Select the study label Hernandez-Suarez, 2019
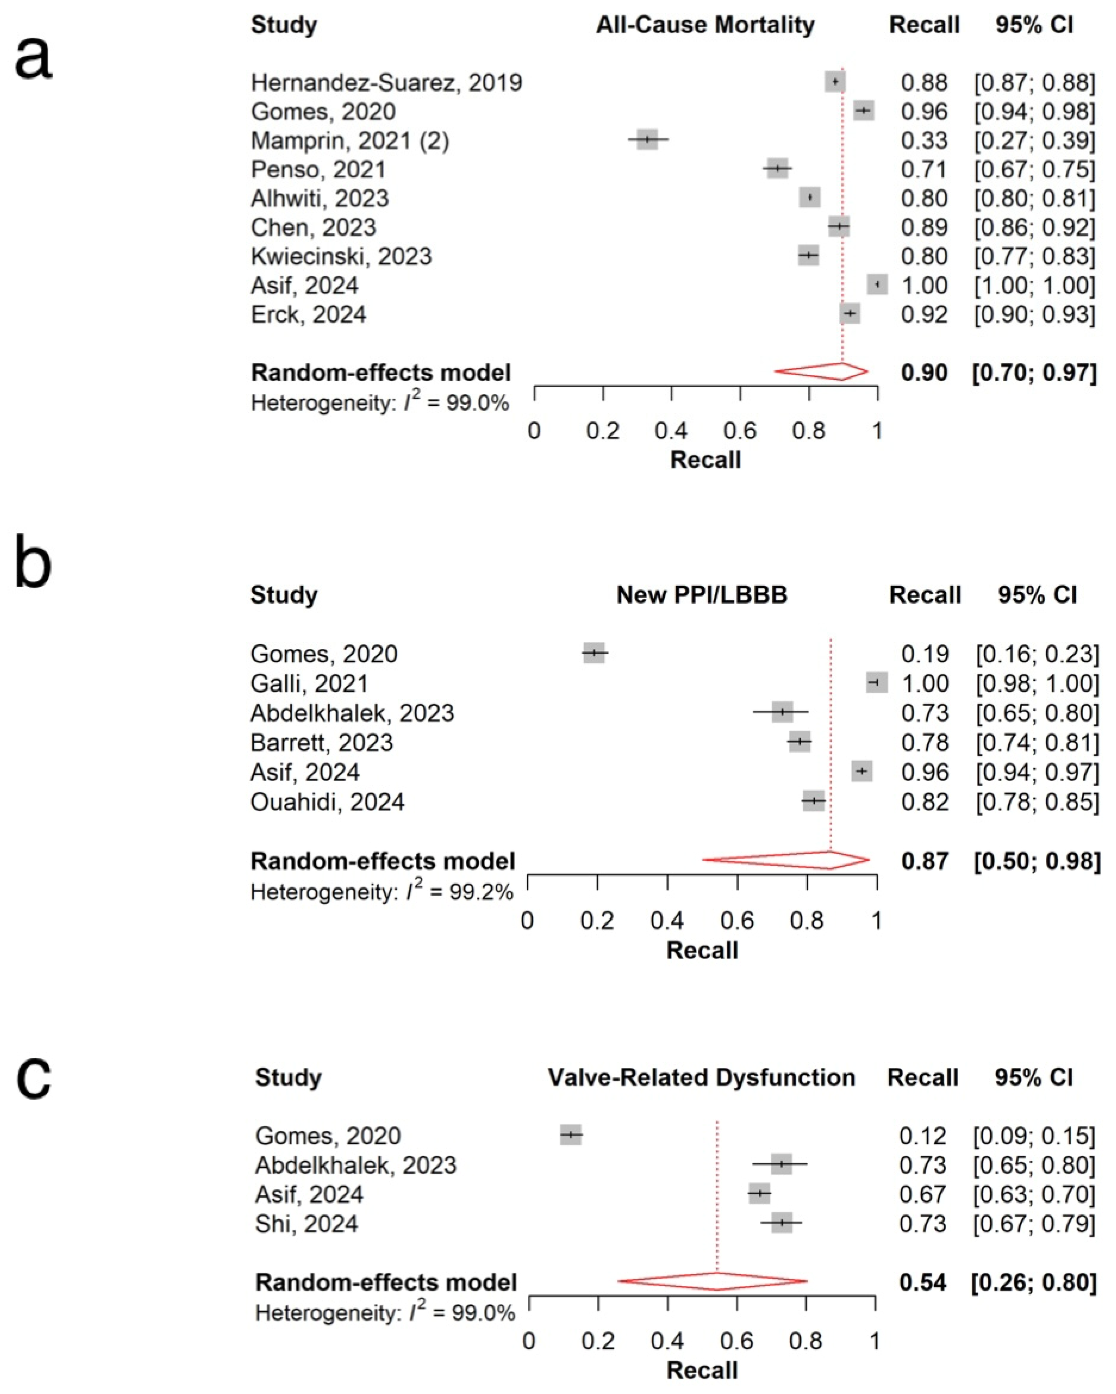(386, 83)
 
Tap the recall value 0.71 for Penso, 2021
(924, 169)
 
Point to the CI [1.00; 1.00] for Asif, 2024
(1035, 285)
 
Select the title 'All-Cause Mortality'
(705, 25)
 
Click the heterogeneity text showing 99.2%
(381, 892)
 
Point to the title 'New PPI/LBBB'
(702, 595)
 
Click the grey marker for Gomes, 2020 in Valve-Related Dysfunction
(571, 1135)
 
